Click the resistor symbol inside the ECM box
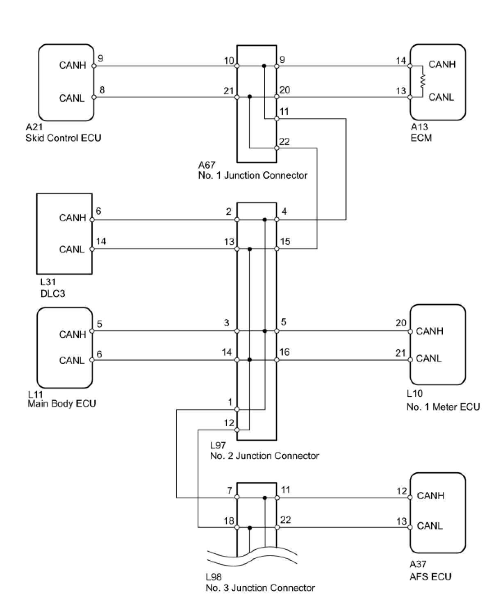423,81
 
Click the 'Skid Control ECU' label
63,138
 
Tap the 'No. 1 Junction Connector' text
253,175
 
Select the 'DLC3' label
52,293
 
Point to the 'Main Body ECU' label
62,404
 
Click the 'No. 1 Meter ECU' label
443,407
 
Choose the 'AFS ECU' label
430,577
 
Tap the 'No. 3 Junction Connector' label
260,588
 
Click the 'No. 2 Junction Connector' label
264,456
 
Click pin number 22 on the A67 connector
284,142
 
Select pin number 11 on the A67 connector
284,111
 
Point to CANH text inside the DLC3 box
73,218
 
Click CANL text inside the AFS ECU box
430,525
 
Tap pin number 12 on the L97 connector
229,423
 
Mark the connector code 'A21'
34,127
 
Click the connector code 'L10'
415,393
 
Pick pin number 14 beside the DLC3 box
101,241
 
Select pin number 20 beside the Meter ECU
401,323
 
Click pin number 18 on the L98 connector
229,521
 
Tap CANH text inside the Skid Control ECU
73,65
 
